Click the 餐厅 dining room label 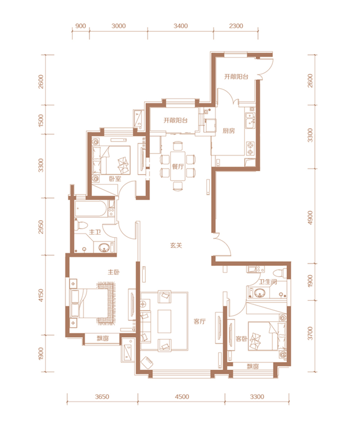[x=178, y=166]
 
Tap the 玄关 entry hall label [x=176, y=246]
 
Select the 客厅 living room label [x=200, y=322]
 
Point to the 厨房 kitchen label [x=229, y=131]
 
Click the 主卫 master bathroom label [x=95, y=232]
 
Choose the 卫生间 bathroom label [x=268, y=282]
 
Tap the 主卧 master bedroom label [x=113, y=272]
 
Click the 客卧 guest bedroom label [x=241, y=339]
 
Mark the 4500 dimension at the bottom [x=182, y=397]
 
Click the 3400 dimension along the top [x=181, y=26]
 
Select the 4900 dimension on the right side [x=310, y=217]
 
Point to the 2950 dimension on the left [x=41, y=227]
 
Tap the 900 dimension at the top [x=80, y=26]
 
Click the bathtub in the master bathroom [x=91, y=209]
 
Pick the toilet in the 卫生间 [x=280, y=273]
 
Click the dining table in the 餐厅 [x=178, y=166]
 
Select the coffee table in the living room [x=164, y=321]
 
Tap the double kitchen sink [x=250, y=120]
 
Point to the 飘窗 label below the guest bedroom [x=253, y=366]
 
